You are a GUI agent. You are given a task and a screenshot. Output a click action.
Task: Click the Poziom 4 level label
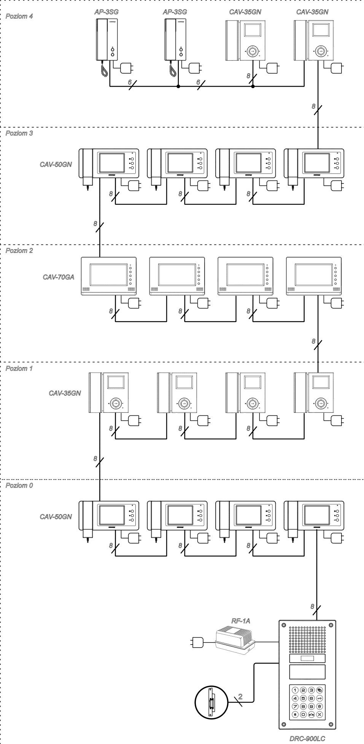coord(19,16)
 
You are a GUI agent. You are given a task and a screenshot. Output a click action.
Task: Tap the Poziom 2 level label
coord(19,251)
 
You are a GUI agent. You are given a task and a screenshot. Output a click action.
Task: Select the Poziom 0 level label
coord(19,485)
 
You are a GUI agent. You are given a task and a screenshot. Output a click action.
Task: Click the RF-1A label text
coord(241,621)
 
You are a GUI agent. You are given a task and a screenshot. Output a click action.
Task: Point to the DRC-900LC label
coord(307,738)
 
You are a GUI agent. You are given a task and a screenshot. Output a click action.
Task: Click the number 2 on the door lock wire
coord(240,696)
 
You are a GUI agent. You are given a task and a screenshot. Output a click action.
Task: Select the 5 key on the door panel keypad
coord(303,698)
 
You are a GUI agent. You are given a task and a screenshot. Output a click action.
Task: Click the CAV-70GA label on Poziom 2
coord(58,277)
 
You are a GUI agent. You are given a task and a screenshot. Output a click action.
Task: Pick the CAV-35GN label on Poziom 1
coord(64,393)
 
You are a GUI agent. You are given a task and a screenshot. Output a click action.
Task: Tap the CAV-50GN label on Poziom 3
coord(56,165)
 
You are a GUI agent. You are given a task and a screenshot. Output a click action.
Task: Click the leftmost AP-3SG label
coord(106,12)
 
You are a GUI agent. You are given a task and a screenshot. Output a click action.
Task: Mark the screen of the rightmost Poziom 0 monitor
coord(317,515)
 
